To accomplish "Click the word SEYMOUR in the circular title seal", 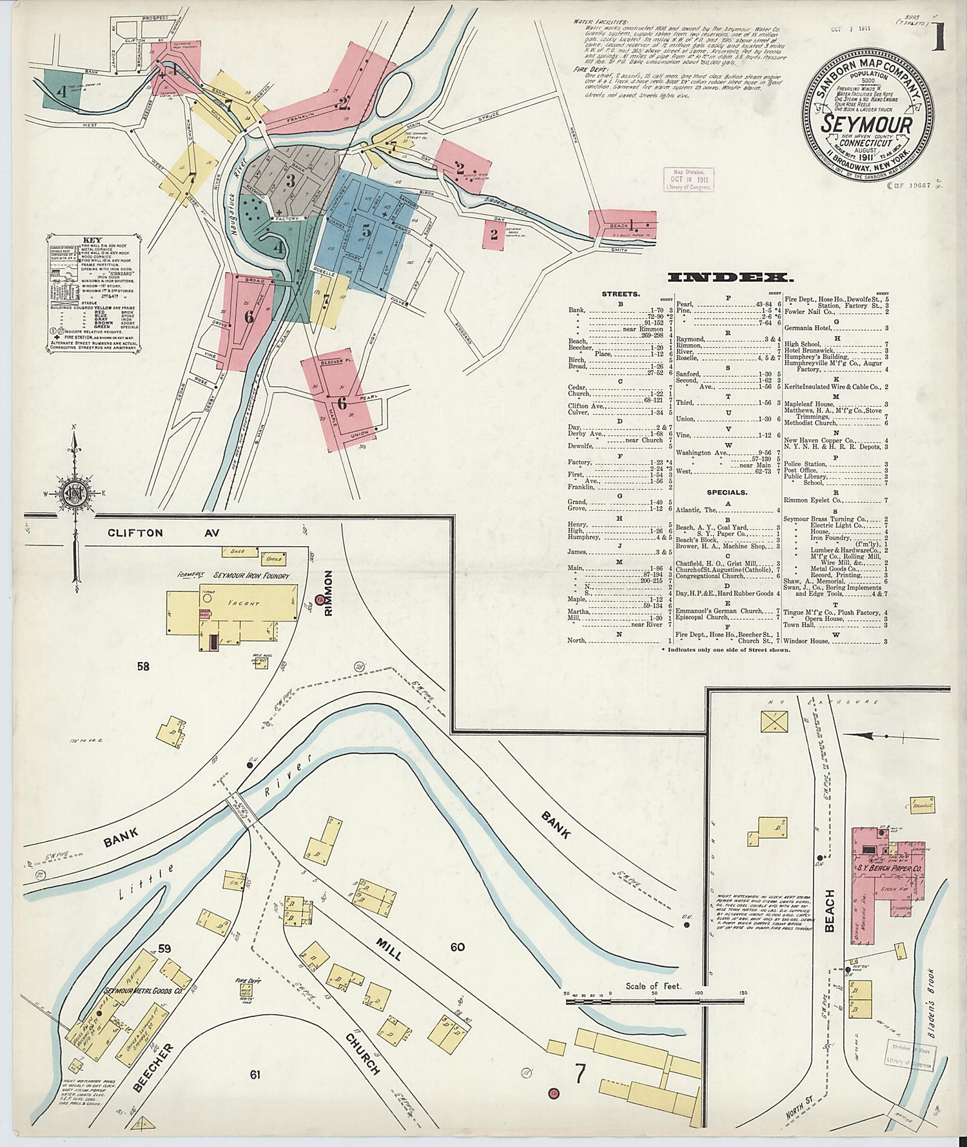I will click(x=867, y=124).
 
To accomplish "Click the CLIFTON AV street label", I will click(x=164, y=533).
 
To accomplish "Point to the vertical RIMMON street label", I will click(x=328, y=593).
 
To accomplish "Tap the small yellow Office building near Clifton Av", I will click(x=273, y=558).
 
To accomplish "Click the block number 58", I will click(x=143, y=665).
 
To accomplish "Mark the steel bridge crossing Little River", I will click(x=241, y=807).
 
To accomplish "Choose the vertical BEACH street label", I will click(x=829, y=910).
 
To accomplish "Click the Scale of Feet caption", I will click(x=653, y=986).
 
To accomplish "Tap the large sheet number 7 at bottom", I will click(x=580, y=1073).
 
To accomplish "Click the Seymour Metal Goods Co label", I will click(x=138, y=990).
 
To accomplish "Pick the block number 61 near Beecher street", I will click(x=255, y=1074).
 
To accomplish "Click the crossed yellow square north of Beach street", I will click(x=774, y=721).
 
